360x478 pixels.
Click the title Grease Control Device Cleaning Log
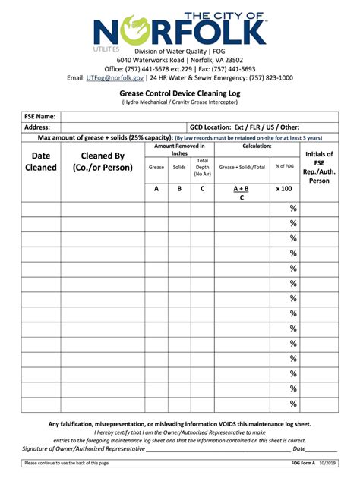179,92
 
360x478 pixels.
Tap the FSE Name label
39,117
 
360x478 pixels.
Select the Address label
37,127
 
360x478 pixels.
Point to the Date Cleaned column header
41,162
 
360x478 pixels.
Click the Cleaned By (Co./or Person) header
103,162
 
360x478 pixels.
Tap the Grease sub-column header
156,167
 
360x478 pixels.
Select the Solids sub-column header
179,167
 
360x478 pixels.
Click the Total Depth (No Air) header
202,167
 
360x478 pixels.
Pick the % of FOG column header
285,167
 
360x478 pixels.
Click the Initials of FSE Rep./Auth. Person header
319,167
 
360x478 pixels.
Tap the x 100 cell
284,188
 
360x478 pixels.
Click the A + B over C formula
242,193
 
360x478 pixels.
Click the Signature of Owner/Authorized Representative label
84,448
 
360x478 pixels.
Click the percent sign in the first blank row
293,209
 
